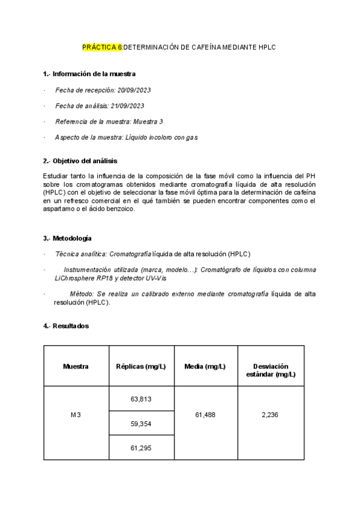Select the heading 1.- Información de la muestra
tap(89, 74)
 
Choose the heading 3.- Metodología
tap(67, 238)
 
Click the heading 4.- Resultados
tap(66, 326)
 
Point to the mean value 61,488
tap(206, 415)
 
